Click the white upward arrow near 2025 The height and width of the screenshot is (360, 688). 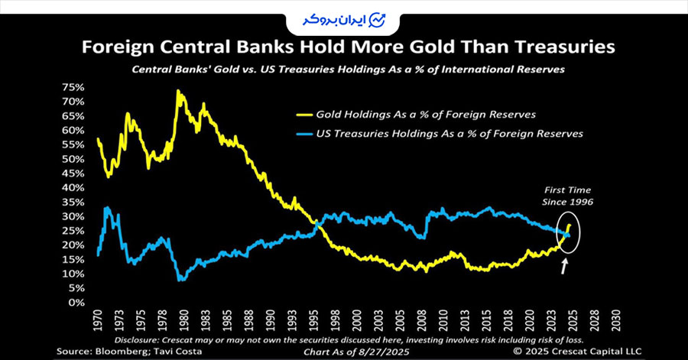point(565,266)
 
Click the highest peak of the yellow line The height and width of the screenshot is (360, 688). point(178,91)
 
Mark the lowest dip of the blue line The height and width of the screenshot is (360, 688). point(181,280)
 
